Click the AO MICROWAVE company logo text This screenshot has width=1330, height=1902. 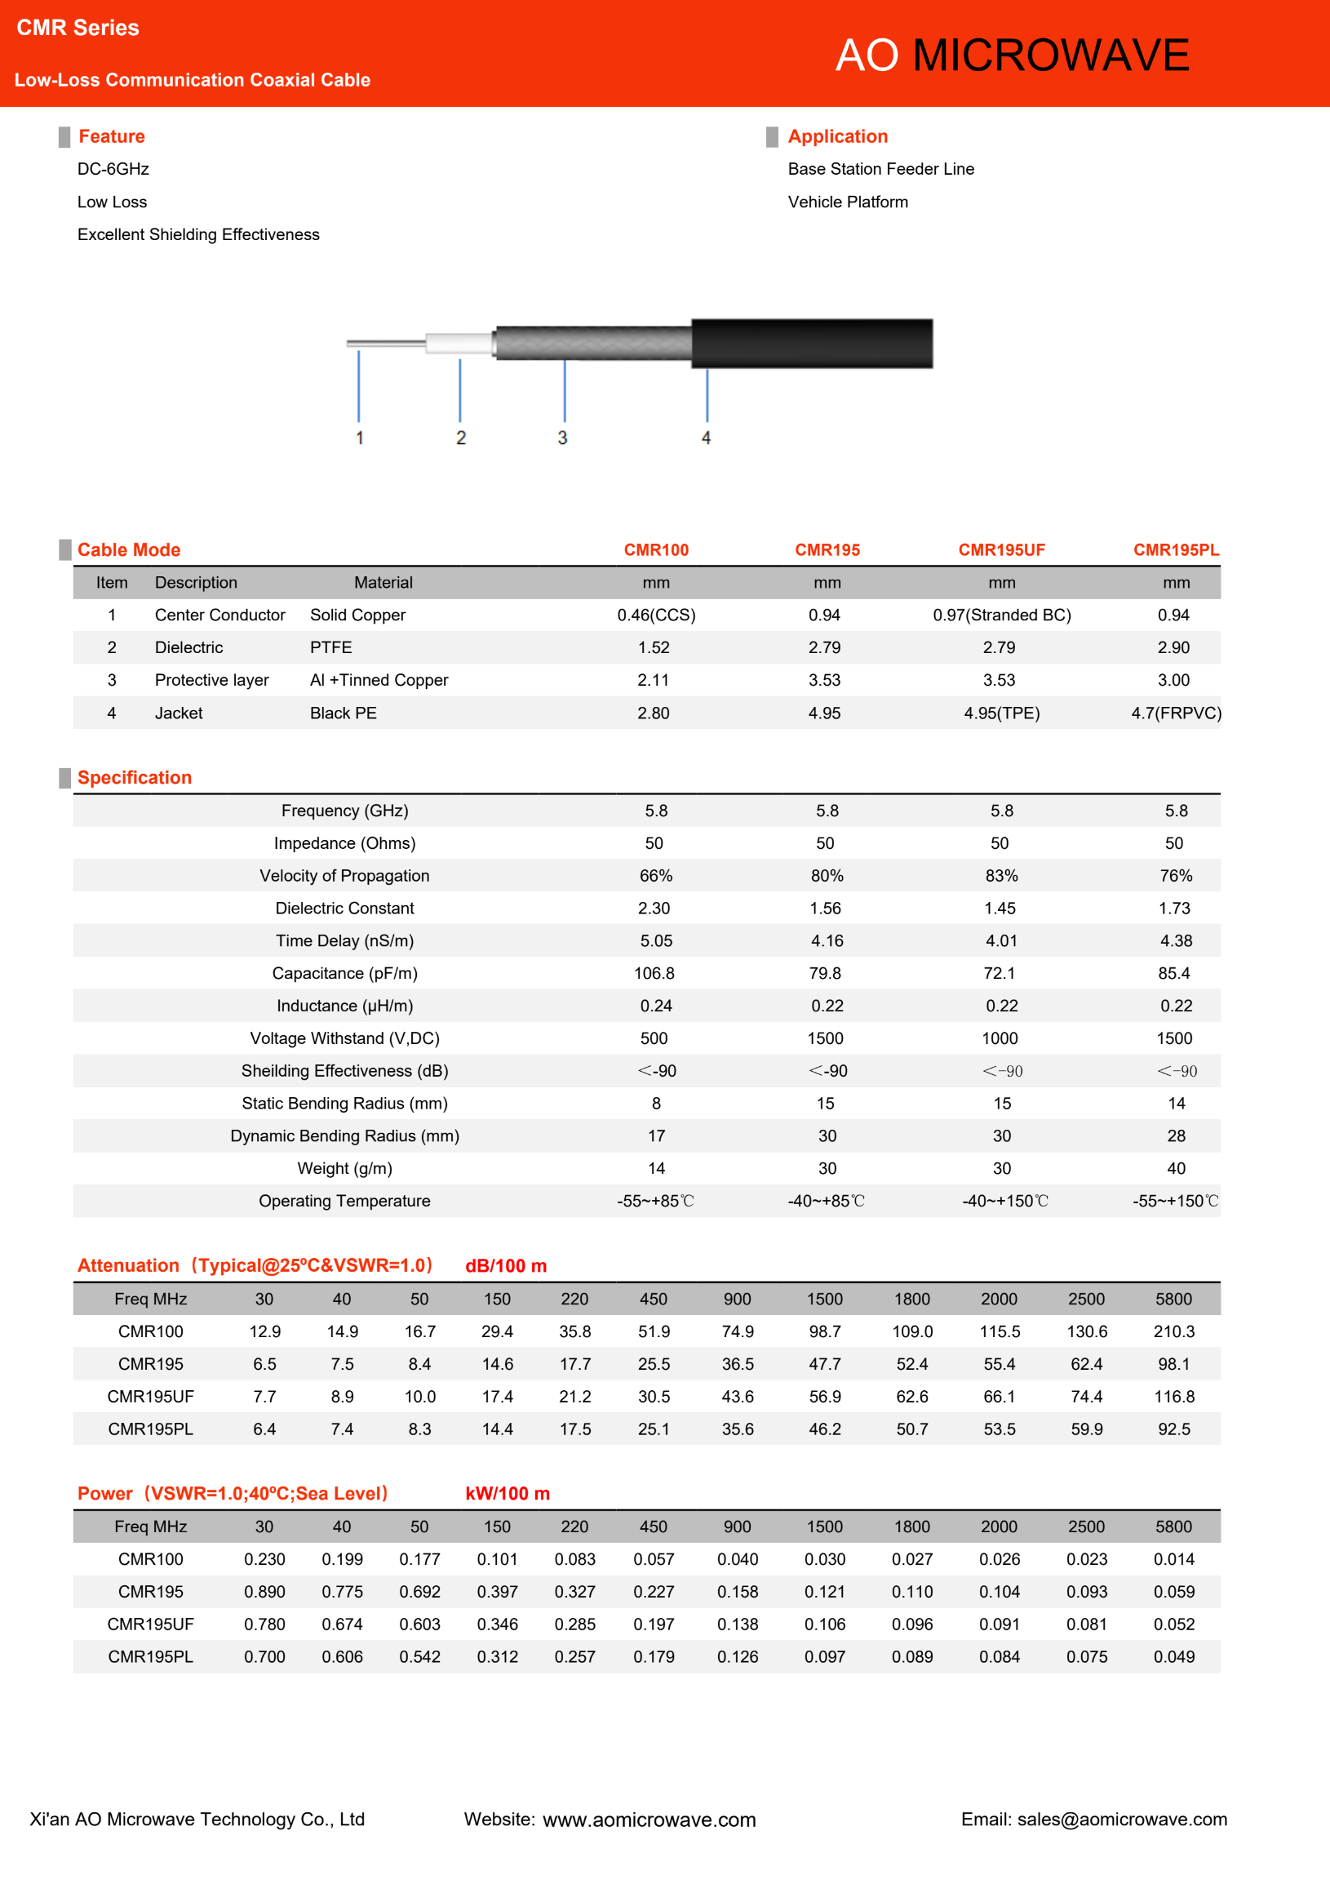pos(1011,56)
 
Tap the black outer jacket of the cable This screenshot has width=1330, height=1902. pos(812,343)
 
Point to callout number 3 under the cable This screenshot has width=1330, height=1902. pos(562,438)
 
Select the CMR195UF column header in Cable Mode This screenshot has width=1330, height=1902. pos(1001,550)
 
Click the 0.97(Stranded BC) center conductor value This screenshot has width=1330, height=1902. pos(1001,615)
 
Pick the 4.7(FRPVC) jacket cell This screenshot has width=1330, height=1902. pos(1175,713)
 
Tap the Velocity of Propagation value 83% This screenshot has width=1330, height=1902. pos(1001,876)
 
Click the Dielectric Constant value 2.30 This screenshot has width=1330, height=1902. pos(654,908)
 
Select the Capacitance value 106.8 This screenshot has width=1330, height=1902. pos(654,973)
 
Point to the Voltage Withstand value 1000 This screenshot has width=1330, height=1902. pos(1000,1038)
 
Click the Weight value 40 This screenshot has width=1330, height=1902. pos(1175,1168)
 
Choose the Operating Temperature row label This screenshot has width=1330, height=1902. pos(344,1200)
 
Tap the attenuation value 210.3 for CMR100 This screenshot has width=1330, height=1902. pos(1173,1331)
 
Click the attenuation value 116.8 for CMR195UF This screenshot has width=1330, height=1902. pos(1173,1397)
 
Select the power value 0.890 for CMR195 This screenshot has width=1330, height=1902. pos(264,1591)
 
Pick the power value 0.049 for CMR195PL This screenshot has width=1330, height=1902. pos(1173,1657)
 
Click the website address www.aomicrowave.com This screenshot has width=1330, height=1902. pos(649,1820)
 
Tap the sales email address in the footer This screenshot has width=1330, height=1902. pos(1122,1820)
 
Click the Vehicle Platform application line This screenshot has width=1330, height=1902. pos(847,202)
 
